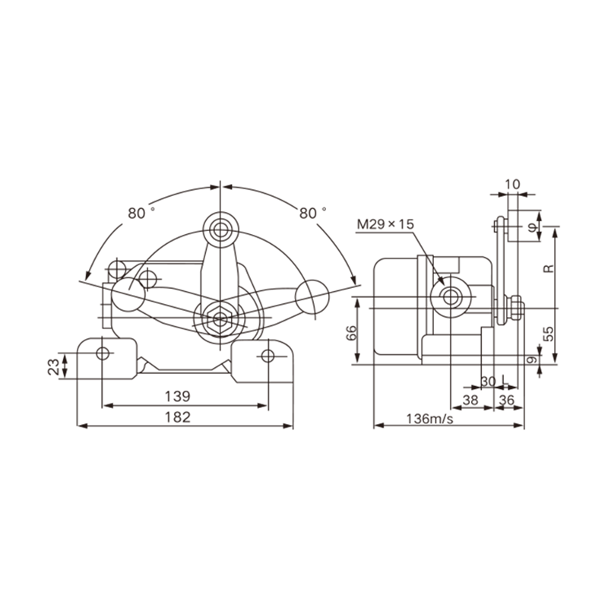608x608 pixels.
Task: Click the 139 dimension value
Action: point(178,396)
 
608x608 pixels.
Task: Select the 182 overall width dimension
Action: point(178,417)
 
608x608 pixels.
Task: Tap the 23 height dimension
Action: point(53,366)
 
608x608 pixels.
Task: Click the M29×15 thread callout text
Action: point(385,224)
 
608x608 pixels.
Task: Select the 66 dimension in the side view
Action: point(351,333)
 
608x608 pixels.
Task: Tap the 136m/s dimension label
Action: point(429,419)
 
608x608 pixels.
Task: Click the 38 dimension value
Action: point(470,401)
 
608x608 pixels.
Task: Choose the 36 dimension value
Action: point(506,401)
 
